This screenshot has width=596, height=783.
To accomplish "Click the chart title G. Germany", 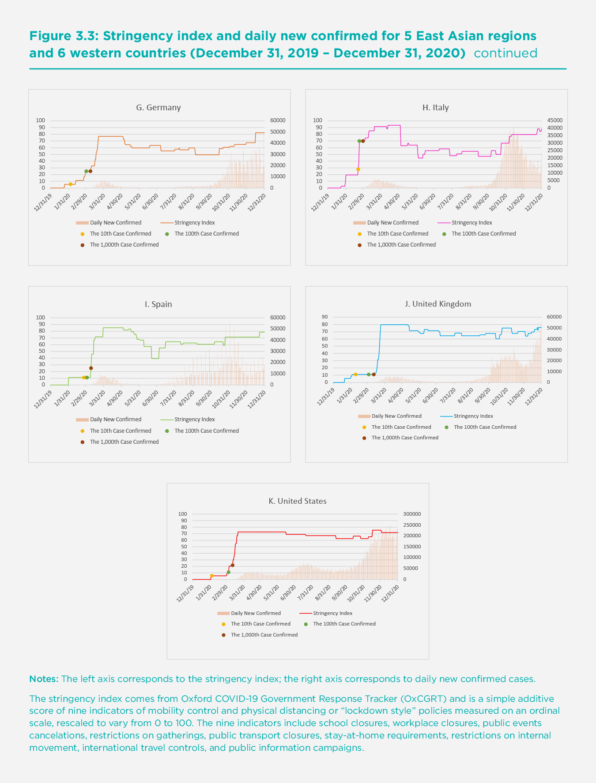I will click(x=158, y=108).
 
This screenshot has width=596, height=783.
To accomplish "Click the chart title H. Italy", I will click(x=435, y=108).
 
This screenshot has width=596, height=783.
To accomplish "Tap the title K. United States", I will click(x=298, y=501).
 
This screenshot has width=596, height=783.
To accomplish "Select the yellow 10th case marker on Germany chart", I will click(x=70, y=184).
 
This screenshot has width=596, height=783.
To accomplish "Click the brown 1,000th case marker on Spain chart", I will click(x=91, y=368).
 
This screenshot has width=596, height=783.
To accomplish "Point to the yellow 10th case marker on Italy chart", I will click(x=358, y=169).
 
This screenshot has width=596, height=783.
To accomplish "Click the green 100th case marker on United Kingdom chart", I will click(x=369, y=375).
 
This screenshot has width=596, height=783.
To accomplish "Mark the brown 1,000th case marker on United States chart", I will click(x=233, y=565).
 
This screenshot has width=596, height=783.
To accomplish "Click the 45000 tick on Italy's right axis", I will click(x=555, y=120).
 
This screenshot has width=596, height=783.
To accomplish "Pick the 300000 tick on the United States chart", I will click(x=412, y=514).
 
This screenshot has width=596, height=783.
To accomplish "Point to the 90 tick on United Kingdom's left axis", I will click(x=325, y=317).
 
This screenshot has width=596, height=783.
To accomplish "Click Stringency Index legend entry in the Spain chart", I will click(x=194, y=420).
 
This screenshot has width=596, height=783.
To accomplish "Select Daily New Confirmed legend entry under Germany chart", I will click(x=116, y=223).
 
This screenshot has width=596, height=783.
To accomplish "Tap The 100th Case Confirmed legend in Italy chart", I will click(x=483, y=234).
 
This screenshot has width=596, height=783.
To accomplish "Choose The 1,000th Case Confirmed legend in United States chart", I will click(x=264, y=635).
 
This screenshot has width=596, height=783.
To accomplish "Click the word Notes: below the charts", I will click(x=44, y=679).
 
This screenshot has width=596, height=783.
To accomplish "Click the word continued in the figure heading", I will click(x=505, y=53).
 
